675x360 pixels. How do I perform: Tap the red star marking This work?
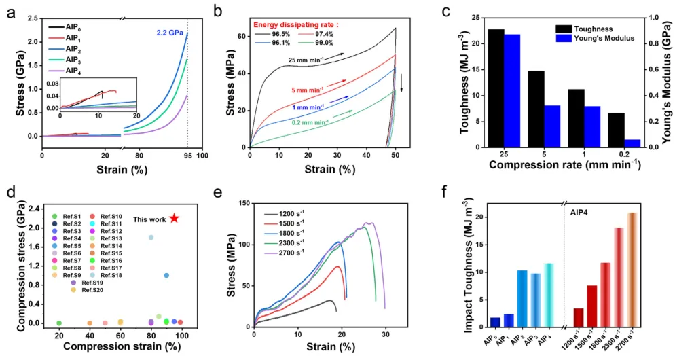point(175,218)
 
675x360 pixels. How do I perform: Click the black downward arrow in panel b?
point(401,81)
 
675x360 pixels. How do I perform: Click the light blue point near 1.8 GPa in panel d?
point(151,237)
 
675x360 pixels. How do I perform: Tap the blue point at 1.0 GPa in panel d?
point(166,275)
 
